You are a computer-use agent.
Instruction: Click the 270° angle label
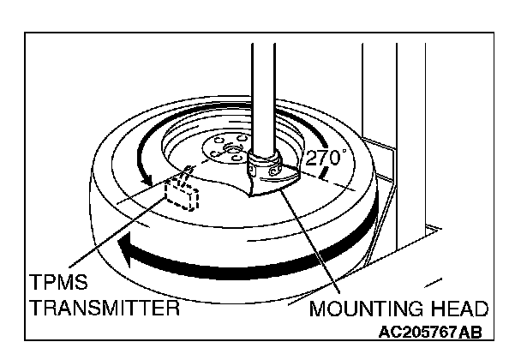[x=325, y=159]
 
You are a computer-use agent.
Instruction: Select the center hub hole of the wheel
[x=230, y=152]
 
